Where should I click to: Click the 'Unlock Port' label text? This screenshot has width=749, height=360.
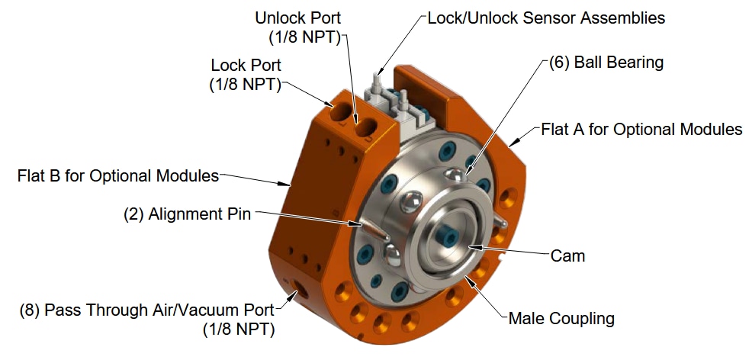coord(299,17)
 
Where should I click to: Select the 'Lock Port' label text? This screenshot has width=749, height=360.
coord(246,66)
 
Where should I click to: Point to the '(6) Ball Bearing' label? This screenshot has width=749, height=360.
coord(606,63)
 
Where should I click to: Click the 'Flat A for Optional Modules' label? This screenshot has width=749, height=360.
coord(641,129)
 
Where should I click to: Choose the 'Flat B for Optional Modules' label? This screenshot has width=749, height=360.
coord(117,176)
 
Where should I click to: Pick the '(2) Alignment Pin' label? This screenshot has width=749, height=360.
coord(187,214)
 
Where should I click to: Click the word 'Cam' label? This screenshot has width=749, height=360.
coord(567,256)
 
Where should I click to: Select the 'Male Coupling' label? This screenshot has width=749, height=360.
coord(561,317)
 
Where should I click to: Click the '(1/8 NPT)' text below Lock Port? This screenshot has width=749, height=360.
coord(245,85)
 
